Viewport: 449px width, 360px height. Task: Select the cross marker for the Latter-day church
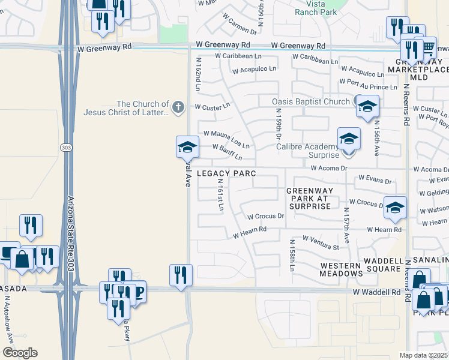177,107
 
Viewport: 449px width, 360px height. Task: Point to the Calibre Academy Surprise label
307,150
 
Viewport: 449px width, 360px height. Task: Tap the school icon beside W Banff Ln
187,146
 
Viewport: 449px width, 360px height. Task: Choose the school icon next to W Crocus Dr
395,208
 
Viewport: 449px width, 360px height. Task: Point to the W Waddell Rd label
376,292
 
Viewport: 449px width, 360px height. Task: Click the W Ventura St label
321,242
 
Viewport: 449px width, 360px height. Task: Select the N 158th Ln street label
292,256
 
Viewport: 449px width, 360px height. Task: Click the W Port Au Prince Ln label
369,84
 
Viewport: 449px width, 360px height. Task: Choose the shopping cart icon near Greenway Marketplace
427,47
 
